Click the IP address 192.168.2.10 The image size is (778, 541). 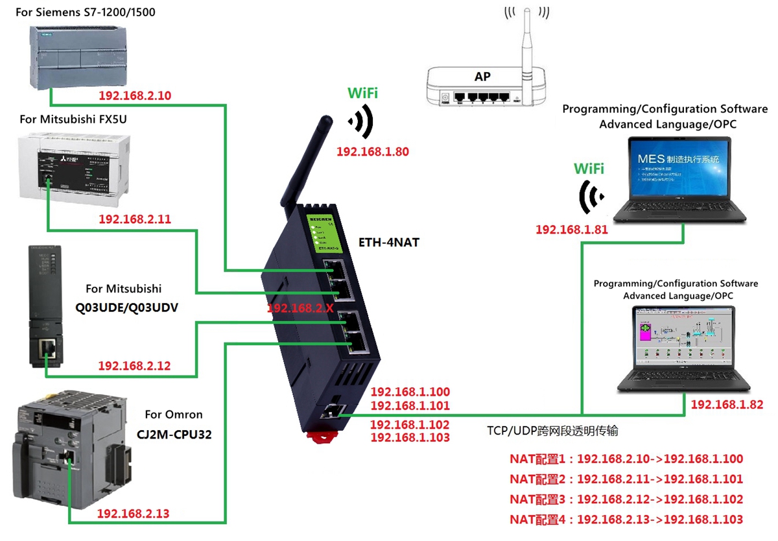(x=135, y=96)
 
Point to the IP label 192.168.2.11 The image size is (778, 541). (x=135, y=219)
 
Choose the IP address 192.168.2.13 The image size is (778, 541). (x=133, y=514)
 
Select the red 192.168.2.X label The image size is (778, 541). (x=300, y=308)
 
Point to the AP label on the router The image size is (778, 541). (x=482, y=77)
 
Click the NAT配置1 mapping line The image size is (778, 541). (x=626, y=459)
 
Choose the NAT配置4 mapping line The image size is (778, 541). (x=626, y=519)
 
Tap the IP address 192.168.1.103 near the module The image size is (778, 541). (x=410, y=438)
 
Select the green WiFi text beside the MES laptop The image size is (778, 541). (x=589, y=169)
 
